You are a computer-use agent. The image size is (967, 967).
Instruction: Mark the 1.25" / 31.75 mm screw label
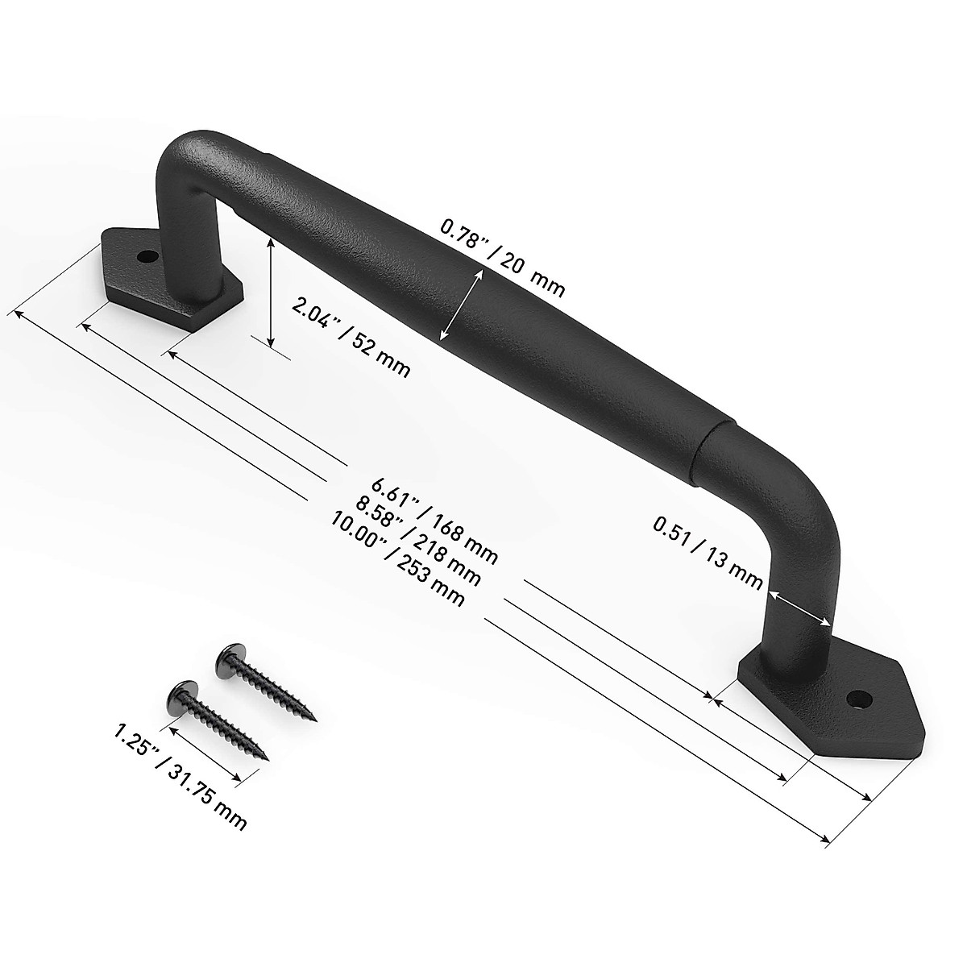[180, 776]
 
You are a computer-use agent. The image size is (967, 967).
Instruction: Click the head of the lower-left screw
[179, 691]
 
